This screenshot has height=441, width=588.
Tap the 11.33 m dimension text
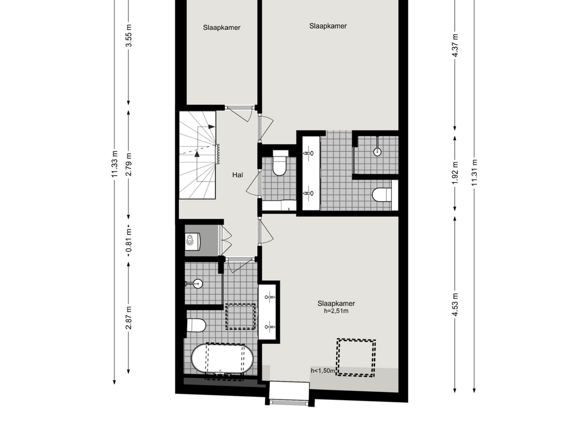pos(114,164)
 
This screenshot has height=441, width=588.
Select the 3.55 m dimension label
pos(129,35)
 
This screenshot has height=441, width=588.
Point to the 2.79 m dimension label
pos(129,164)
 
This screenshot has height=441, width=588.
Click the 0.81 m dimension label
pos(129,240)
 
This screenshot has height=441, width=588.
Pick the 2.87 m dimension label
pos(129,318)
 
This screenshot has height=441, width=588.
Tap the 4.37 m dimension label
pos(455,45)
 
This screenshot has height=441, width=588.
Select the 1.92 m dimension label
pos(455,173)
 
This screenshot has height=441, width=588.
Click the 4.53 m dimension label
pos(455,304)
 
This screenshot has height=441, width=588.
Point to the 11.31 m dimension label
pos(474,173)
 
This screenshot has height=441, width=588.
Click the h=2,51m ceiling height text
pos(336,311)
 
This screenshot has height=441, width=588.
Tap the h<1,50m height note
pos(323,370)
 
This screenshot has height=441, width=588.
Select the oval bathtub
pos(222,358)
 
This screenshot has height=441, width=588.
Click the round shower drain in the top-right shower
pos(377,152)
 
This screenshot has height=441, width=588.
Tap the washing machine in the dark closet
pos(192,241)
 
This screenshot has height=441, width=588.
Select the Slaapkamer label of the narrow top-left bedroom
pos(222,27)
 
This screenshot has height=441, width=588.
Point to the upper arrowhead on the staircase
pos(212,127)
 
